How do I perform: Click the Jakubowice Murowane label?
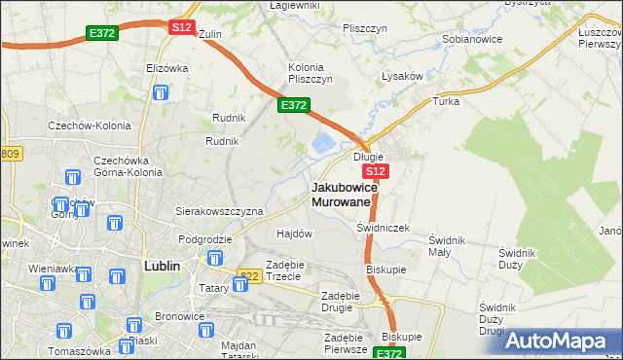coord(342,194)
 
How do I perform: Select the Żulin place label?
coord(210,34)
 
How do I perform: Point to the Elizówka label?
coord(166,68)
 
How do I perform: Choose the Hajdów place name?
coord(294,234)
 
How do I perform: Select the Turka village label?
coord(446,101)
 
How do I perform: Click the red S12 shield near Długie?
coord(379,171)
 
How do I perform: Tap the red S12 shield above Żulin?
coord(181,27)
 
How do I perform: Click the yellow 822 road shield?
coord(248,276)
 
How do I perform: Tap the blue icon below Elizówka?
coord(161,94)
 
